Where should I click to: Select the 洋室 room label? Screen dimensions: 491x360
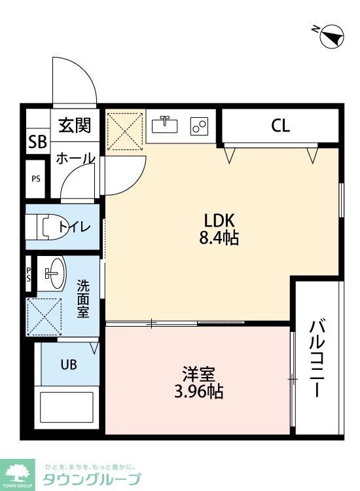point(198,376)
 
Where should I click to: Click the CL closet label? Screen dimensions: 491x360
point(280,126)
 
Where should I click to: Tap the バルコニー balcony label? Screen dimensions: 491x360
point(317,359)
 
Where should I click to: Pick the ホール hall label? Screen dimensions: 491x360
point(75,158)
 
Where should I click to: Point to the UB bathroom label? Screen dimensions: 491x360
point(69,365)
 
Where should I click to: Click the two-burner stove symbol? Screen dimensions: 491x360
point(199,126)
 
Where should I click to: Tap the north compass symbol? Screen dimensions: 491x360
point(332,36)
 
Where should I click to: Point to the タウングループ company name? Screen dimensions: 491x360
point(91,479)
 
